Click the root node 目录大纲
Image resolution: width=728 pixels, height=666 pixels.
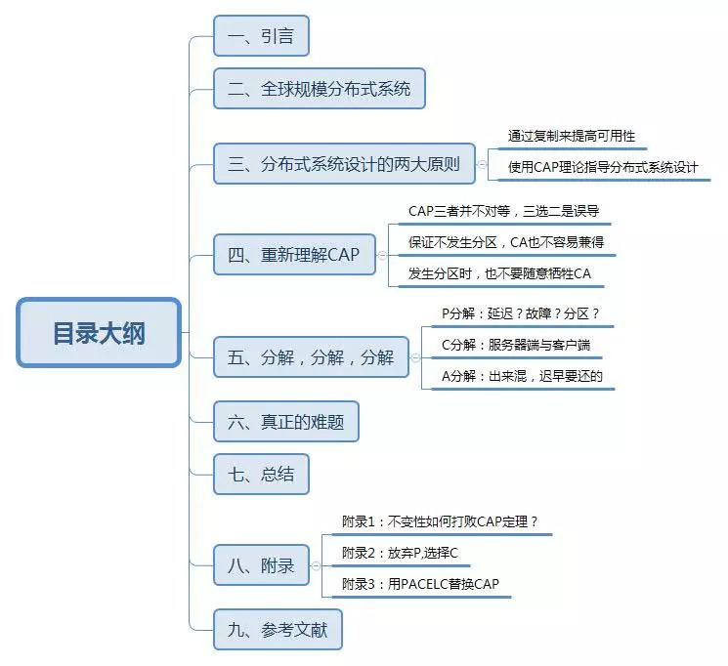[99, 333]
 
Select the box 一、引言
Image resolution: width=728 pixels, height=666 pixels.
[261, 37]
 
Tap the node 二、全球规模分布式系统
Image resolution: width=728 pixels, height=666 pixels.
[320, 90]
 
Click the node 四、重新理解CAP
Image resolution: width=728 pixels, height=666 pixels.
[294, 256]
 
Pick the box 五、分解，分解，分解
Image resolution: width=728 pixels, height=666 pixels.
[311, 357]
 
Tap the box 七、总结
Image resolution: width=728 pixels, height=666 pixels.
[261, 475]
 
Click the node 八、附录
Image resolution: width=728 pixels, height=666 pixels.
[261, 565]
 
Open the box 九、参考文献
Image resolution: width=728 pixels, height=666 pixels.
[278, 630]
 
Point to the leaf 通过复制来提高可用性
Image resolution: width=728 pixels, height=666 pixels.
[572, 137]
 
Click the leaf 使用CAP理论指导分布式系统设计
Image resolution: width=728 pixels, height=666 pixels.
[603, 167]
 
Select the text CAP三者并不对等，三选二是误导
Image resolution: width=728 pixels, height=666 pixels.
[502, 211]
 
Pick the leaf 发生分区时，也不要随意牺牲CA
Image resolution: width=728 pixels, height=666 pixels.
[499, 273]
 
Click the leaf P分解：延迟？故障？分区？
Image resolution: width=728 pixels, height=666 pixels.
[520, 314]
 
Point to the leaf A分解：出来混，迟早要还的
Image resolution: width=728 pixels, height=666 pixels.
[522, 376]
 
